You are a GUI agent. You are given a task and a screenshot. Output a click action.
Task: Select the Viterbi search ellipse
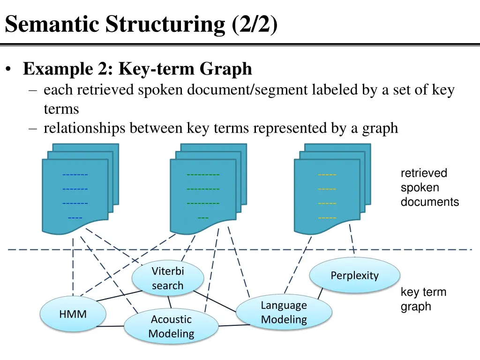tap(167, 278)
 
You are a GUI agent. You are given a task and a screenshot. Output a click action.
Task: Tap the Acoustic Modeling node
tap(171, 327)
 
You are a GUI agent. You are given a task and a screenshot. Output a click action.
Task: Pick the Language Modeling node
tap(284, 313)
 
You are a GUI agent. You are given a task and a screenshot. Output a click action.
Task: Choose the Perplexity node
tap(354, 276)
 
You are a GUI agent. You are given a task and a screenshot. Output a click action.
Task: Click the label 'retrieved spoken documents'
tap(429, 187)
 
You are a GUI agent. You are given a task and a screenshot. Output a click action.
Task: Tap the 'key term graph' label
tap(423, 300)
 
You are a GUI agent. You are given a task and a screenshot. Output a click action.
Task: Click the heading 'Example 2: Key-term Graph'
tap(137, 69)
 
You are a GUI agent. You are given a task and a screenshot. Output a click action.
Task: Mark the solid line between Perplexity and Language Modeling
tap(321, 294)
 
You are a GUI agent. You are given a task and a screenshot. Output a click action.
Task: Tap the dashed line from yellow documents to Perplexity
tap(352, 240)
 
